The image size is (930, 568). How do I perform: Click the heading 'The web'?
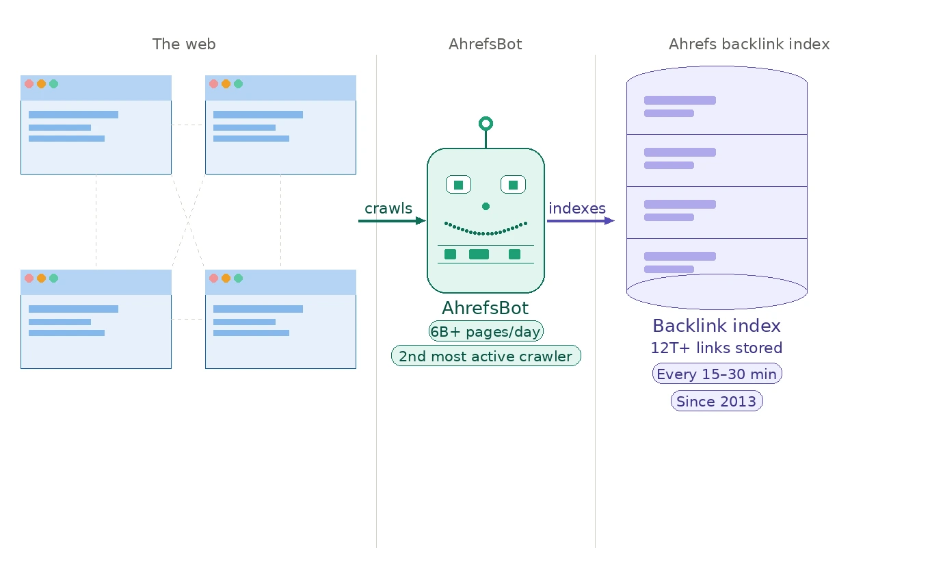click(184, 44)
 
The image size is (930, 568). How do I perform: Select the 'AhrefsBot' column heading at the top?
click(485, 44)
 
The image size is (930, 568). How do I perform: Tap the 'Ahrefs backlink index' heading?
click(749, 44)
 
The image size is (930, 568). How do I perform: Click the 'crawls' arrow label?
click(388, 209)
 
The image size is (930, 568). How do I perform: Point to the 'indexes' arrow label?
click(577, 209)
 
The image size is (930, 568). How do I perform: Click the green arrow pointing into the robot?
click(392, 221)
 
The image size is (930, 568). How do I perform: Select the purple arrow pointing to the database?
click(581, 221)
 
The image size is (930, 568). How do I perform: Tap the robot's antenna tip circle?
click(486, 123)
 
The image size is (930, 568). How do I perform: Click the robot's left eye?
click(458, 185)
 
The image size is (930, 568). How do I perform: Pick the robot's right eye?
click(513, 185)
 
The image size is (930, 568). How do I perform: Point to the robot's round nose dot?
click(486, 206)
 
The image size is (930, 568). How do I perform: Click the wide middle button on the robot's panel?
click(479, 255)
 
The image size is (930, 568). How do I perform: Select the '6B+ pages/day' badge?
click(486, 332)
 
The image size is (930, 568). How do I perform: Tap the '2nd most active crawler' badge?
click(486, 356)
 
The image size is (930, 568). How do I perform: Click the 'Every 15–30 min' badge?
click(717, 374)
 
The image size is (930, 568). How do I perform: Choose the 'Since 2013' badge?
click(717, 401)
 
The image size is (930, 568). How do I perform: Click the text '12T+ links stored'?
click(717, 348)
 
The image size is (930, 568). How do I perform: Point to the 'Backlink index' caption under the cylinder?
click(717, 326)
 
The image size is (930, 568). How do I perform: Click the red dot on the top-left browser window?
click(29, 84)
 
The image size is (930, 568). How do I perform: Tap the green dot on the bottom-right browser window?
click(238, 279)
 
